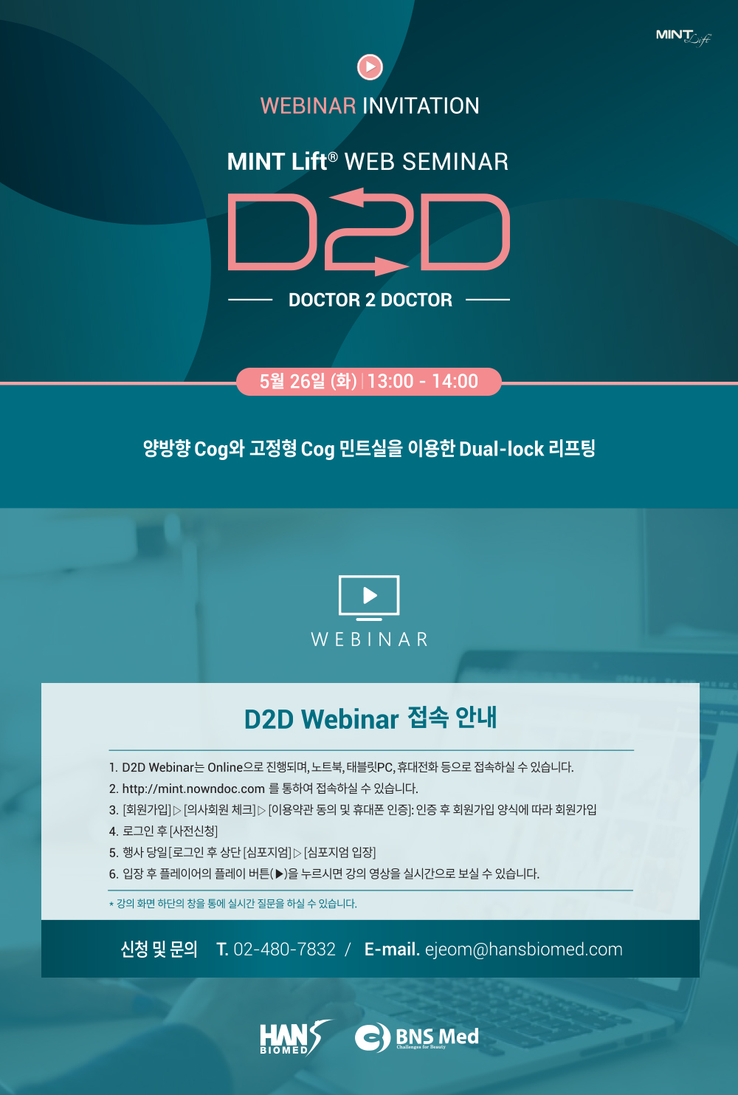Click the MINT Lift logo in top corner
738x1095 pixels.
[683, 38]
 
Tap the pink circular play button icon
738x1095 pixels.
[370, 66]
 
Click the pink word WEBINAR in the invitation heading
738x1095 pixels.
[308, 106]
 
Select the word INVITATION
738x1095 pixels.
[421, 106]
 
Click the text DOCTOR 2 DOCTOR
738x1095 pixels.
[370, 300]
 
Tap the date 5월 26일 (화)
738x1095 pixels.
[308, 381]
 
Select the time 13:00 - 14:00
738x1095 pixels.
[423, 381]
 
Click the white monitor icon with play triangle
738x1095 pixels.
[369, 597]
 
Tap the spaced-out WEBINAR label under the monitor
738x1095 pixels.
[370, 639]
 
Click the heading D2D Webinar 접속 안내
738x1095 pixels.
[370, 718]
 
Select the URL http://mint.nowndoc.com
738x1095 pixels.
[193, 789]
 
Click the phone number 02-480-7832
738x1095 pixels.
[284, 950]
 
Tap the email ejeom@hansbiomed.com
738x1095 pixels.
[523, 950]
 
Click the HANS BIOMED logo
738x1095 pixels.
[296, 1038]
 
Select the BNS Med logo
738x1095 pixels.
[416, 1038]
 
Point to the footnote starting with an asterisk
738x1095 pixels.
[232, 904]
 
